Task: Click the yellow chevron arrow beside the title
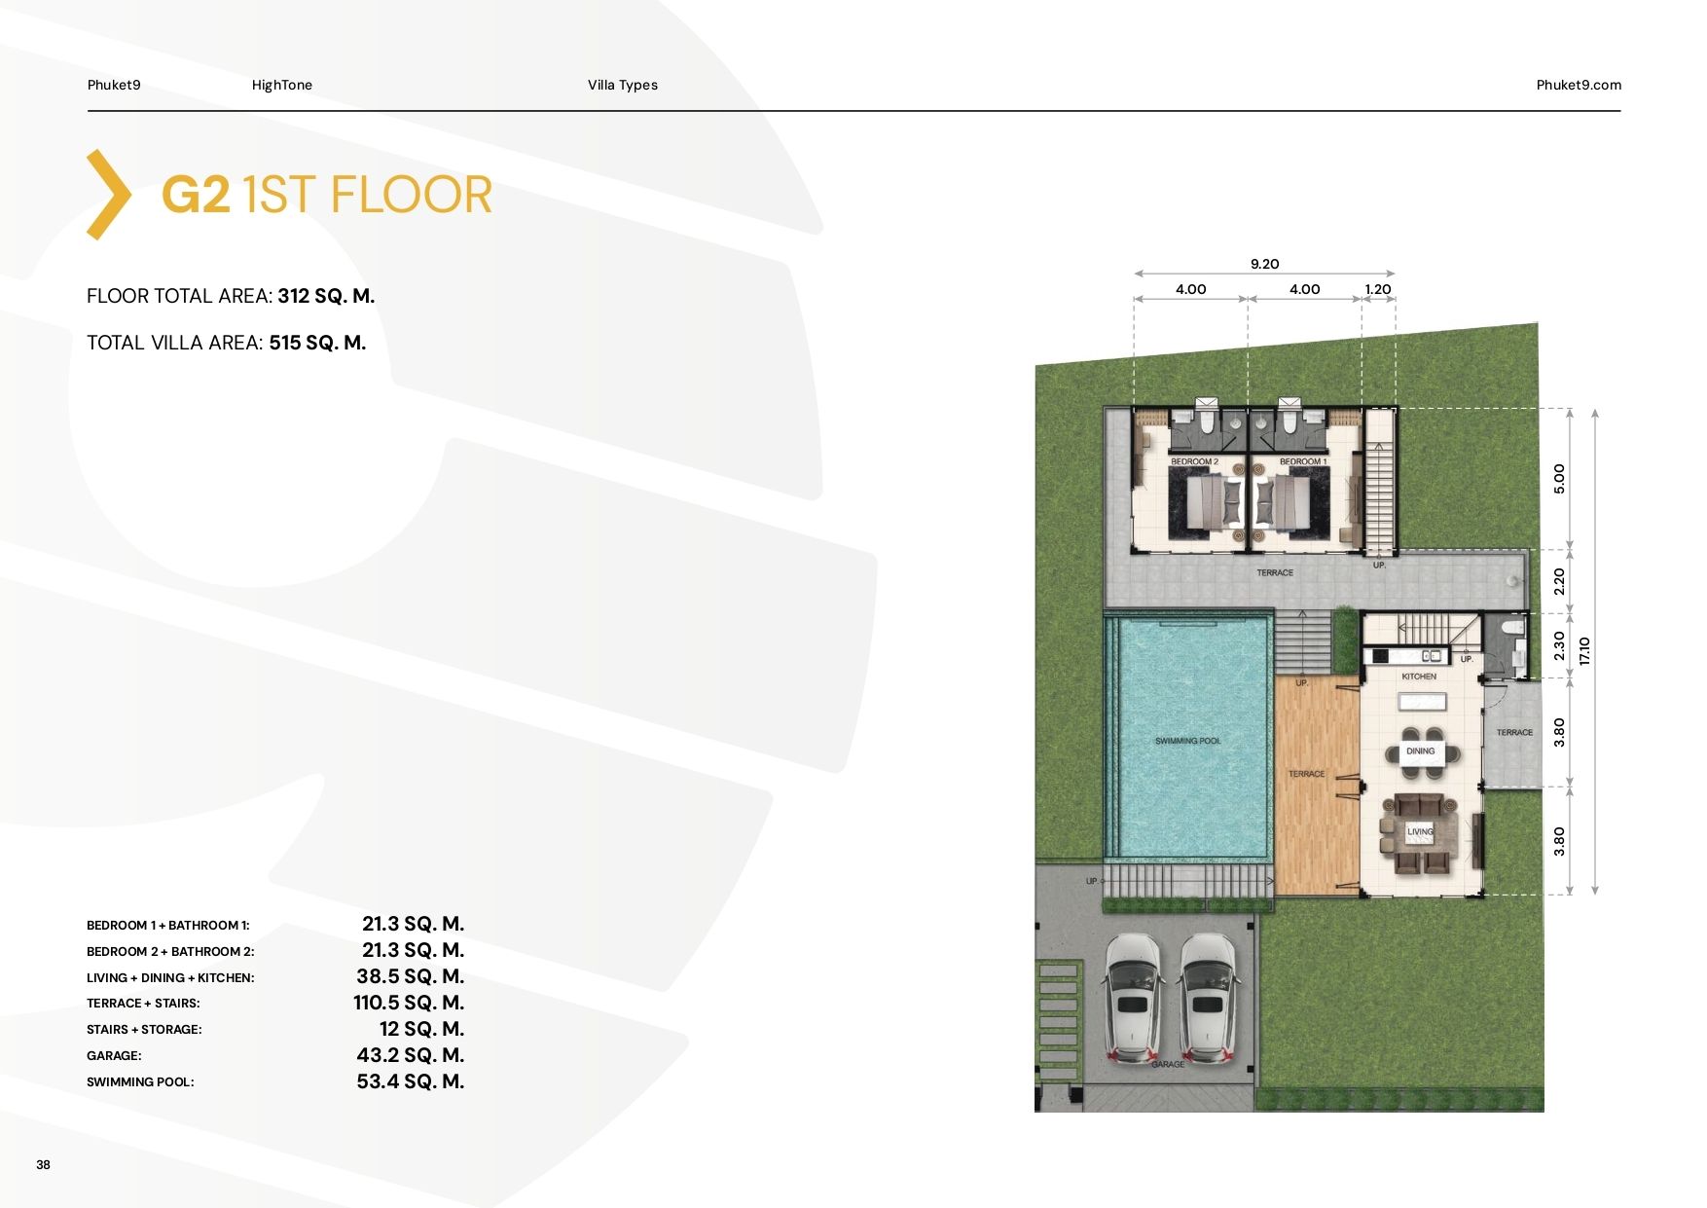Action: pyautogui.click(x=109, y=195)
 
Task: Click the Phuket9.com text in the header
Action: pyautogui.click(x=1579, y=85)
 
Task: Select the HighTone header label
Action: pyautogui.click(x=282, y=85)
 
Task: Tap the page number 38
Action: pyautogui.click(x=43, y=1164)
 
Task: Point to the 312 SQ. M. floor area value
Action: pyautogui.click(x=326, y=296)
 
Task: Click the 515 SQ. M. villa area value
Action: pyautogui.click(x=317, y=343)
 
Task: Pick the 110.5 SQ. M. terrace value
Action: pyautogui.click(x=409, y=1003)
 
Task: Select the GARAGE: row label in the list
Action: pyautogui.click(x=114, y=1055)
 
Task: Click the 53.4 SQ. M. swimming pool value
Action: pyautogui.click(x=411, y=1081)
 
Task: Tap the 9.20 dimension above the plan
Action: pyautogui.click(x=1264, y=264)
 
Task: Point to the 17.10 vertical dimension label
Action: pyautogui.click(x=1584, y=650)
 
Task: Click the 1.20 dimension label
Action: pyautogui.click(x=1378, y=289)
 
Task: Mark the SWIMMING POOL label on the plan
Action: pyautogui.click(x=1187, y=741)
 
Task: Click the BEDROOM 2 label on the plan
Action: pyautogui.click(x=1194, y=461)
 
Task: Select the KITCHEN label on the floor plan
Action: pyautogui.click(x=1419, y=677)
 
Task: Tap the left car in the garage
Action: pyautogui.click(x=1133, y=999)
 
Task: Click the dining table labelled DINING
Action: pyautogui.click(x=1422, y=751)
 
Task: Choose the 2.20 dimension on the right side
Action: pyautogui.click(x=1559, y=582)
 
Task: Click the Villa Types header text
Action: pyautogui.click(x=623, y=85)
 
